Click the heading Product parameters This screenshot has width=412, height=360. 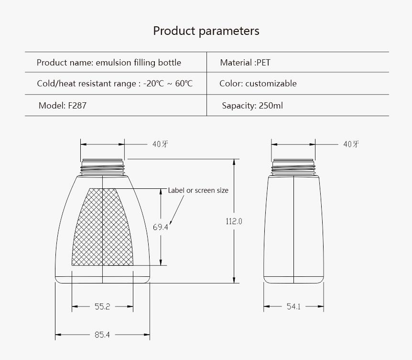point(206,31)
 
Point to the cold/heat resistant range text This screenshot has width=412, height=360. point(115,84)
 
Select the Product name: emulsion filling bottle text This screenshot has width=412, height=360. point(109,63)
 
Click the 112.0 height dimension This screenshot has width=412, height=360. point(234,221)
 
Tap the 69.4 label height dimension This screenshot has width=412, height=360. point(160,227)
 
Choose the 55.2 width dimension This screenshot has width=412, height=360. point(102,306)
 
